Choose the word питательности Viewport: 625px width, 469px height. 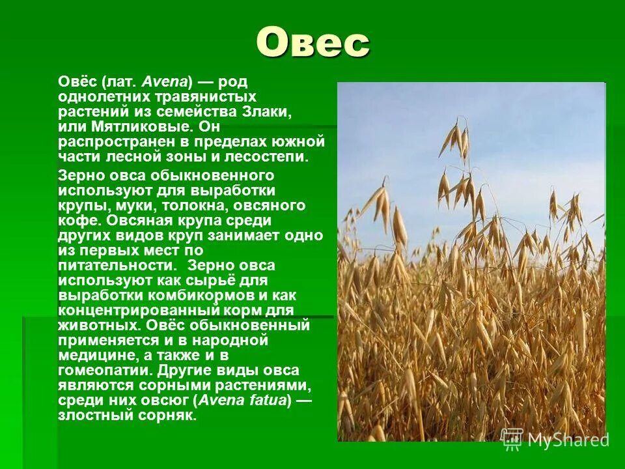[x=115, y=266]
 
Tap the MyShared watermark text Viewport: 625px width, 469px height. [x=568, y=440]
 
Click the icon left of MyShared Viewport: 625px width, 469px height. [x=512, y=439]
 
